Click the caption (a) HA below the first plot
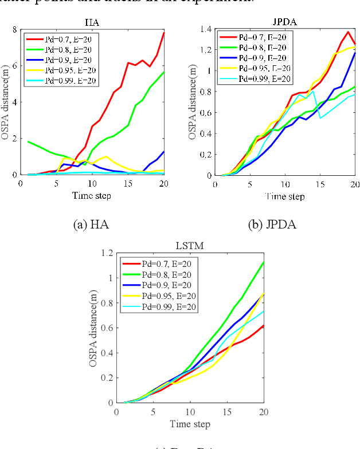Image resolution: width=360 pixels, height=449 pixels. (x=91, y=224)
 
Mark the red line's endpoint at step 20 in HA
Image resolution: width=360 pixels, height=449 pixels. (x=163, y=33)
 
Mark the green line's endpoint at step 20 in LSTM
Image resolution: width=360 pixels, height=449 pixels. (x=263, y=262)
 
